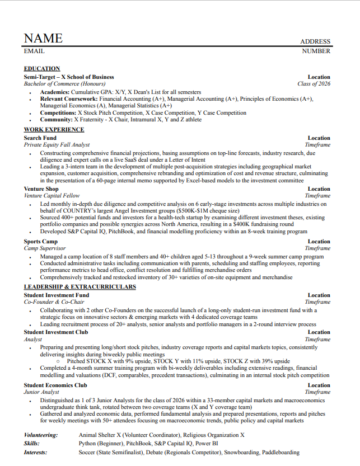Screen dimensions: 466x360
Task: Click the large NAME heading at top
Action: pos(43,38)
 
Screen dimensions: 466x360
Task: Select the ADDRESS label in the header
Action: pos(315,41)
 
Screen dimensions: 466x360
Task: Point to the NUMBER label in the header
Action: pos(316,51)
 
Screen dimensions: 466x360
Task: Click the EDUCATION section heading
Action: pos(42,69)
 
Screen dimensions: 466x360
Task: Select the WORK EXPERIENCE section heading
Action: pos(54,130)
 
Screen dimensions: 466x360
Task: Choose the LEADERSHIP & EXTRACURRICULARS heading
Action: pos(80,287)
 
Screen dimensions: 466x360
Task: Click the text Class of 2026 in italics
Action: pos(314,84)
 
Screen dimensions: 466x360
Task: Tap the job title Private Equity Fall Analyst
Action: pos(57,144)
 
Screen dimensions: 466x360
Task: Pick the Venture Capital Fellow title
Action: pos(52,196)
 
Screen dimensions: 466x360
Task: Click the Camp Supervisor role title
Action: pos(45,248)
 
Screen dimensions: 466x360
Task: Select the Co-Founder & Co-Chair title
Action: pos(54,302)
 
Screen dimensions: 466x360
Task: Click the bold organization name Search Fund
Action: pos(40,138)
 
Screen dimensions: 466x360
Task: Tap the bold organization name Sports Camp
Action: pos(41,242)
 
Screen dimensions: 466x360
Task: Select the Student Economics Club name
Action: pos(55,385)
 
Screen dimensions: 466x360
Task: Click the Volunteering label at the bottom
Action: pos(41,435)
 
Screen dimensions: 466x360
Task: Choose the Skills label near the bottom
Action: pos(32,443)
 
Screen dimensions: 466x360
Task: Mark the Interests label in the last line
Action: pos(35,452)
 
